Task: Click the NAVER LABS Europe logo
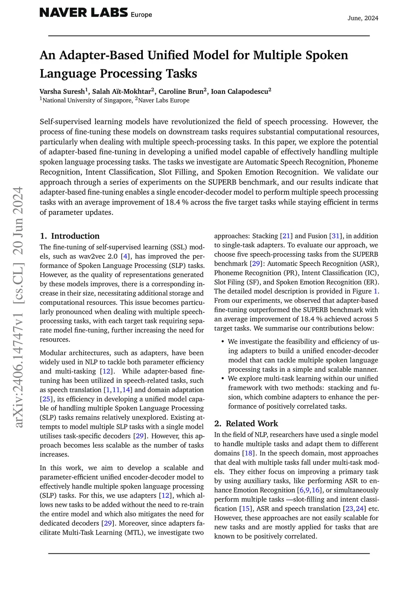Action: [x=96, y=13]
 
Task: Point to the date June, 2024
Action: [x=363, y=18]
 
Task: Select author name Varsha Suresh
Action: [x=62, y=91]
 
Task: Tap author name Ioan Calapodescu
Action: [x=240, y=91]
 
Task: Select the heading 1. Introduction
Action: [x=70, y=236]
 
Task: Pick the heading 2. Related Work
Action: [x=246, y=423]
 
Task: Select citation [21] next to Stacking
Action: [x=286, y=236]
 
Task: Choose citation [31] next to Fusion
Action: [x=336, y=236]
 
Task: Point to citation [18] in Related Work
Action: [x=248, y=453]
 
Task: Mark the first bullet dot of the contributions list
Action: [x=222, y=342]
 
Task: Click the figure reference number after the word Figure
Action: [x=376, y=291]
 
